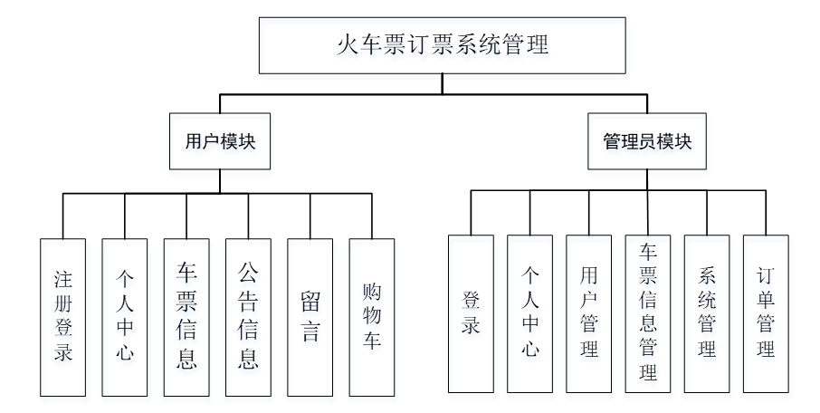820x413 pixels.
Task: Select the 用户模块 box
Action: pyautogui.click(x=220, y=140)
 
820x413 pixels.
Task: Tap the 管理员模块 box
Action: pyautogui.click(x=646, y=140)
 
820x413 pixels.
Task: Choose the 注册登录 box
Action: pyautogui.click(x=63, y=316)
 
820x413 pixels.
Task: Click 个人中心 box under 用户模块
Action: pyautogui.click(x=125, y=316)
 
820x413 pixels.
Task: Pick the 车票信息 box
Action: pyautogui.click(x=186, y=316)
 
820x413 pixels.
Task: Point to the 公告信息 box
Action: pyautogui.click(x=248, y=316)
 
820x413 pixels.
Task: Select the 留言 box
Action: pyautogui.click(x=310, y=316)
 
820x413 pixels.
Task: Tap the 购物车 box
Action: pyautogui.click(x=372, y=316)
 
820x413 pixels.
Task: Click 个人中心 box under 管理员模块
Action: pyautogui.click(x=530, y=313)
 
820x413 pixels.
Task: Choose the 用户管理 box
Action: pyautogui.click(x=589, y=313)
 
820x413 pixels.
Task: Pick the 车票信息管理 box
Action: pyautogui.click(x=648, y=313)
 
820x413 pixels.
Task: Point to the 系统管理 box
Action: pyautogui.click(x=707, y=313)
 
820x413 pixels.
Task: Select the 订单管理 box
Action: pyautogui.click(x=766, y=313)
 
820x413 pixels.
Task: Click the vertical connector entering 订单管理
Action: pyautogui.click(x=766, y=213)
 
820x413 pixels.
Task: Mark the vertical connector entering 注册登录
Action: pyautogui.click(x=63, y=216)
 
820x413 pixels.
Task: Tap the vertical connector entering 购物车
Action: pyautogui.click(x=372, y=216)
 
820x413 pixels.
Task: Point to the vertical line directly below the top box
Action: pyautogui.click(x=442, y=83)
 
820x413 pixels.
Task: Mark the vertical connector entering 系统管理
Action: pyautogui.click(x=707, y=213)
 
